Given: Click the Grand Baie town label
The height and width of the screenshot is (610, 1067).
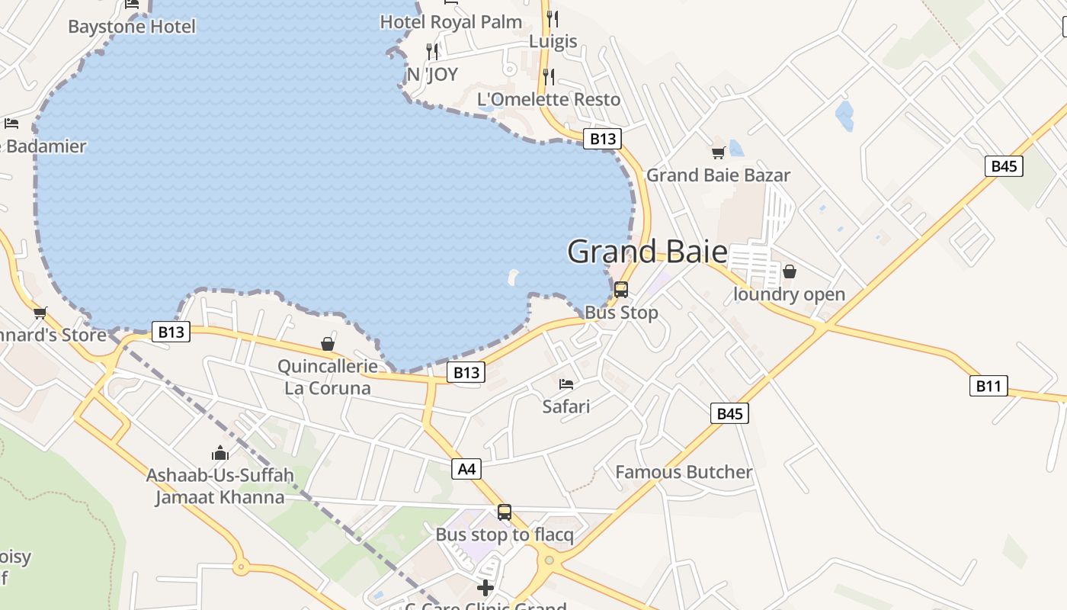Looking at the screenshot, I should pos(647,252).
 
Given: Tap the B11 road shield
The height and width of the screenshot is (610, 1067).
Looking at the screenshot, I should pos(988,386).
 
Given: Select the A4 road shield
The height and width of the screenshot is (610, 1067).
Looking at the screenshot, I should pos(466,469).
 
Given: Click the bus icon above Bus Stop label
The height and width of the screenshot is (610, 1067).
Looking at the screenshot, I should pos(621,290).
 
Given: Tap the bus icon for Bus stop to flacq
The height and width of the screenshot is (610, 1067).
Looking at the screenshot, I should pos(504,512).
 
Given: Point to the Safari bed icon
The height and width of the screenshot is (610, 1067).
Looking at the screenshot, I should pos(566,384).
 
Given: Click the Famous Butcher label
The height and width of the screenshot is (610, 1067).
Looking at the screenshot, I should pos(684,472).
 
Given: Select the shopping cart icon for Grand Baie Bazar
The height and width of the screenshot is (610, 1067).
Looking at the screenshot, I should pos(718,153).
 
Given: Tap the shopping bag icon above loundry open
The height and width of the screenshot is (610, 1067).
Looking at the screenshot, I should pos(790,271).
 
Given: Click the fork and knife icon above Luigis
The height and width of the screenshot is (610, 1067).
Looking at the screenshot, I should pos(553,18).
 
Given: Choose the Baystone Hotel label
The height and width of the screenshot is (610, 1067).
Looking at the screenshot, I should pos(132,27).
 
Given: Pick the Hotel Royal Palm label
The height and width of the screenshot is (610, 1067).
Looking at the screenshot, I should pos(451,22).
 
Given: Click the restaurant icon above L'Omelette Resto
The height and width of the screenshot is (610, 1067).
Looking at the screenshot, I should pos(548,76).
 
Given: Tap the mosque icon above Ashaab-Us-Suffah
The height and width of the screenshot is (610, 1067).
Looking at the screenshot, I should pos(220,453).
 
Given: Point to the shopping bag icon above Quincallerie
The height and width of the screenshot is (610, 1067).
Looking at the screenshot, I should pos(328,344).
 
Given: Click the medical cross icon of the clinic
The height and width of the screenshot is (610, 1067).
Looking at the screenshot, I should pos(485,587).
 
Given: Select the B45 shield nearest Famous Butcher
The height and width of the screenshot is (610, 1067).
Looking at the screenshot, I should pos(729,413).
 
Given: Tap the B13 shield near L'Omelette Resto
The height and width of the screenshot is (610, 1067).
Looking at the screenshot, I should pos(602,139).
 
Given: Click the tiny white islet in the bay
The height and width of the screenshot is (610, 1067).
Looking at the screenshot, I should pos(513,276).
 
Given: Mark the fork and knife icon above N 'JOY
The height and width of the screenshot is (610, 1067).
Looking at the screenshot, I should pos(432,51).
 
